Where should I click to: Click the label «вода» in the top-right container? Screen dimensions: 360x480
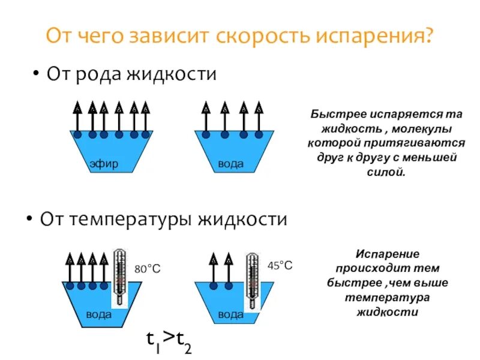click(230, 164)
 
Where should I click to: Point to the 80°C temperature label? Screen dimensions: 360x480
click(147, 269)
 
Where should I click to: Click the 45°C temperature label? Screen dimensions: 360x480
click(280, 265)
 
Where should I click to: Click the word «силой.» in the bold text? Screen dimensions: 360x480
click(386, 172)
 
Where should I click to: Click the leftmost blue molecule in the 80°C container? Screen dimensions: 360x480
click(70, 286)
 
